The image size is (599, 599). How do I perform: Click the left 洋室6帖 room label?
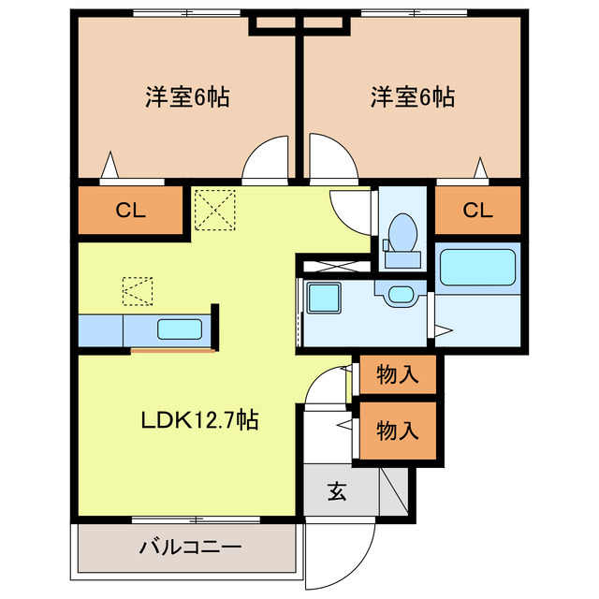coord(187,97)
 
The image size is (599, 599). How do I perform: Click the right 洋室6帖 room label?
coord(413,97)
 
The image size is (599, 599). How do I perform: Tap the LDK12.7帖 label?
coord(200,420)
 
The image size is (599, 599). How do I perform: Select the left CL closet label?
coord(131,210)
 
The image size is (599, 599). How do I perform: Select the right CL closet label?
coord(478,210)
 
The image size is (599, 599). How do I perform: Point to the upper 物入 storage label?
coord(398,374)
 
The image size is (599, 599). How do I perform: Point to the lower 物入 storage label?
coord(398,431)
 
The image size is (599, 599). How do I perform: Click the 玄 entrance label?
coord(337,491)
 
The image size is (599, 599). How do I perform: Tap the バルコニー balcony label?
coord(190,548)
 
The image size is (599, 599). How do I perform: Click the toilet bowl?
coord(402,232)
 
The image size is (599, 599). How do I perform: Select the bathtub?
coord(477,268)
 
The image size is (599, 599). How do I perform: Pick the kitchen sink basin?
coord(180,329)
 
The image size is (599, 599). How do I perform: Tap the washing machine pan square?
coord(324,298)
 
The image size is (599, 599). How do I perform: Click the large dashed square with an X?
coord(214,210)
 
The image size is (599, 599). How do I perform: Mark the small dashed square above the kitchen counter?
coord(138,291)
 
